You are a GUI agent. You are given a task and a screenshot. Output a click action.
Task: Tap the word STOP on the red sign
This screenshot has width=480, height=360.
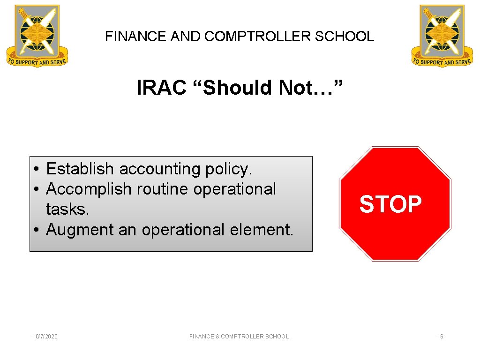pyautogui.click(x=390, y=204)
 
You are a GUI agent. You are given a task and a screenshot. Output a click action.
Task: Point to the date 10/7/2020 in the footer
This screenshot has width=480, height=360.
pyautogui.click(x=45, y=336)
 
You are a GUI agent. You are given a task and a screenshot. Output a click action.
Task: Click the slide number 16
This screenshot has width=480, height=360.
pyautogui.click(x=440, y=336)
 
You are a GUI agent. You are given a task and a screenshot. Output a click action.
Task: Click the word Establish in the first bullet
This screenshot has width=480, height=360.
pyautogui.click(x=80, y=169)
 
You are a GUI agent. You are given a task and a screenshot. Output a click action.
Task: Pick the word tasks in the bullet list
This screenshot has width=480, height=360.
pyautogui.click(x=67, y=209)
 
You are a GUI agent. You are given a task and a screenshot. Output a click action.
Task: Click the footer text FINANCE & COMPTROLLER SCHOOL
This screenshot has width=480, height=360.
pyautogui.click(x=239, y=336)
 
